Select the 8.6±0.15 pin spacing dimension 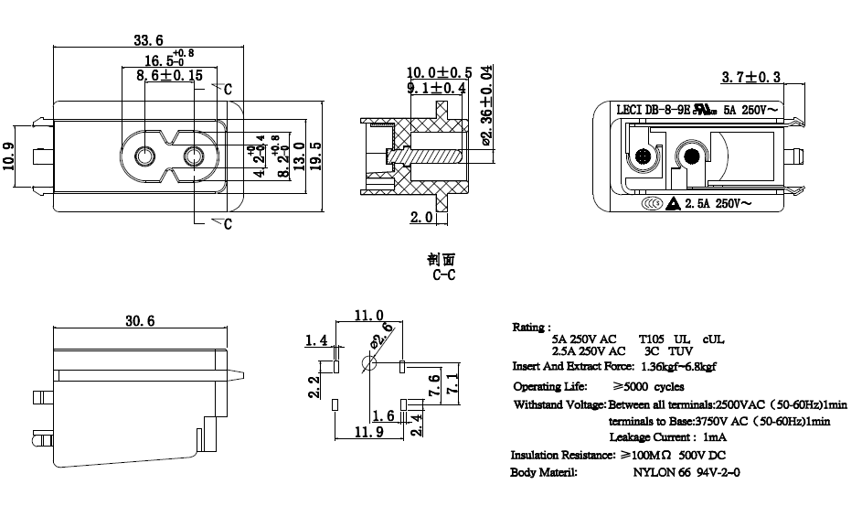point(169,76)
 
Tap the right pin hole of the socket point(193,157)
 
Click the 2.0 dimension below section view point(420,218)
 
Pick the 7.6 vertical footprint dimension point(434,381)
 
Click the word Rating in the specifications point(530,327)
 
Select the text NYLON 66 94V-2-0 point(686,473)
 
